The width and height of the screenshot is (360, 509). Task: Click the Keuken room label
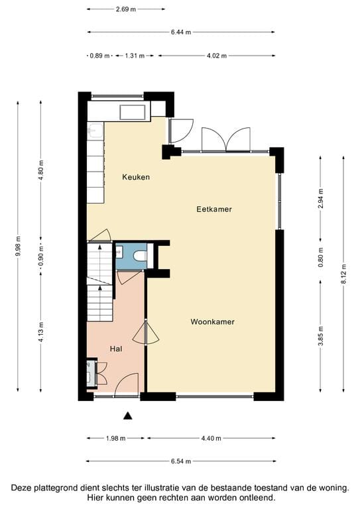(x=136, y=177)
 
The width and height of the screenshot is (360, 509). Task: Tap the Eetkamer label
(x=213, y=209)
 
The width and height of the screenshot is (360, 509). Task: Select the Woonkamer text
(x=212, y=321)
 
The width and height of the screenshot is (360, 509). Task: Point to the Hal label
(x=115, y=348)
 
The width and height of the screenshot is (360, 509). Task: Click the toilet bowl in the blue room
(x=139, y=256)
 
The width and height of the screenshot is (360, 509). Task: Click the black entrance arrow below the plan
(x=128, y=416)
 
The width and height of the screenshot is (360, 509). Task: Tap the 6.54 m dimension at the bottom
(x=180, y=461)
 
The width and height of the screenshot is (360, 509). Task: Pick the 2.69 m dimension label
(x=125, y=9)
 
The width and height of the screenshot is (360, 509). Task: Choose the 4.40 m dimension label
(x=210, y=438)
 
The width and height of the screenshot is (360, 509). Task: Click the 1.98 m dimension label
(x=116, y=438)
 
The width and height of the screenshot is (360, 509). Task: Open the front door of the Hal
(x=126, y=386)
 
